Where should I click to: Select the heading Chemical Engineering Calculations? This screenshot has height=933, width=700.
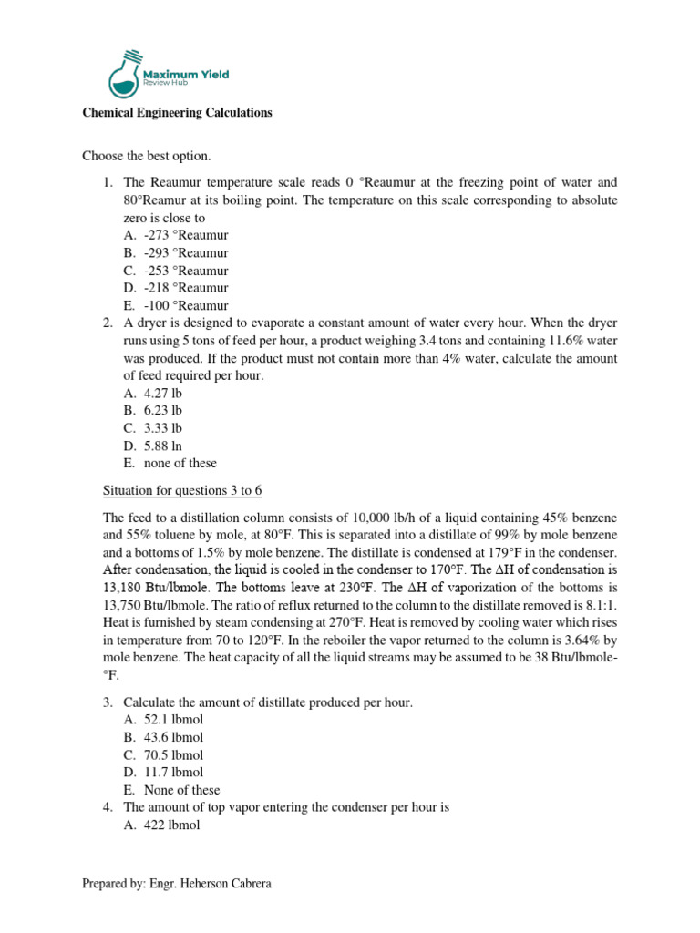pos(177,113)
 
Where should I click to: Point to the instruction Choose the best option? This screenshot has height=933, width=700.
pos(146,157)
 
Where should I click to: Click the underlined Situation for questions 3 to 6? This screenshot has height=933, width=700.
pos(172,490)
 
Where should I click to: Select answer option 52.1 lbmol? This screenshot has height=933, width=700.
pos(173,720)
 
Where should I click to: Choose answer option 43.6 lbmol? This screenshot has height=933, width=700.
pos(173,737)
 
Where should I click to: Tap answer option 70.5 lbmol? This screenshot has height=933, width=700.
pos(173,755)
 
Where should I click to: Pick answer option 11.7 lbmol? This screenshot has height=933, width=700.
pos(173,773)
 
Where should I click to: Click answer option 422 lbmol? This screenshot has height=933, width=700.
pos(171,825)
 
